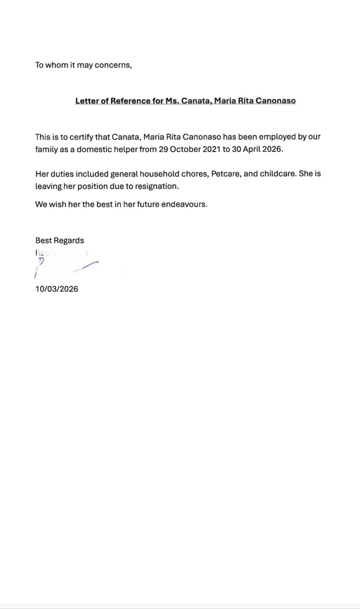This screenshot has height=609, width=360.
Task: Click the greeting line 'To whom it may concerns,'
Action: (83, 65)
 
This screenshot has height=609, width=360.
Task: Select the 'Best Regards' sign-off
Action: (60, 240)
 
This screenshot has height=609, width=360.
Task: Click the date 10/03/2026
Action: (57, 289)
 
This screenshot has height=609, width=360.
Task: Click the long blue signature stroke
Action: (85, 266)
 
